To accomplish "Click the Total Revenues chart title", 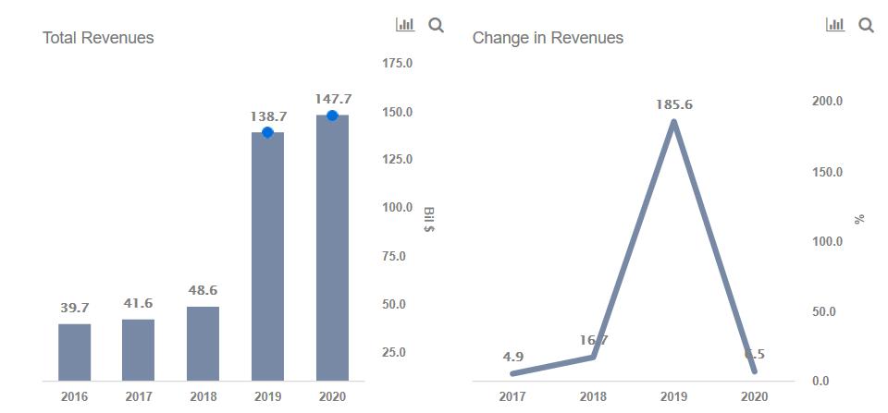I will point(98,38).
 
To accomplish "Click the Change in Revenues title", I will point(548,38).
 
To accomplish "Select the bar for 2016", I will point(75,352).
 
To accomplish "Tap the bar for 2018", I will point(203,343).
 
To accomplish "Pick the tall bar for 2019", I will point(267,259).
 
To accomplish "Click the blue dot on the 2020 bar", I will point(332,115).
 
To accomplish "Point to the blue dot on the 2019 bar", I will point(267,132).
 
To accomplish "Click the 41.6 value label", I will point(139,303).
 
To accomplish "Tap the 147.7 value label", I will point(332,98).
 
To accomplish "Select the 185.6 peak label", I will point(674,104).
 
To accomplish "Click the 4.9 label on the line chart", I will point(513,356).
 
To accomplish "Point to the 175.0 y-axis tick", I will point(397,63).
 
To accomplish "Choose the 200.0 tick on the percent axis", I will point(827,101).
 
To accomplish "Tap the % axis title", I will point(859,219).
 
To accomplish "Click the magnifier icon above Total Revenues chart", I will point(437,26).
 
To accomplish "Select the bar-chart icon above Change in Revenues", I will point(835,25).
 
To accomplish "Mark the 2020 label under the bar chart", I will point(332,396).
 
